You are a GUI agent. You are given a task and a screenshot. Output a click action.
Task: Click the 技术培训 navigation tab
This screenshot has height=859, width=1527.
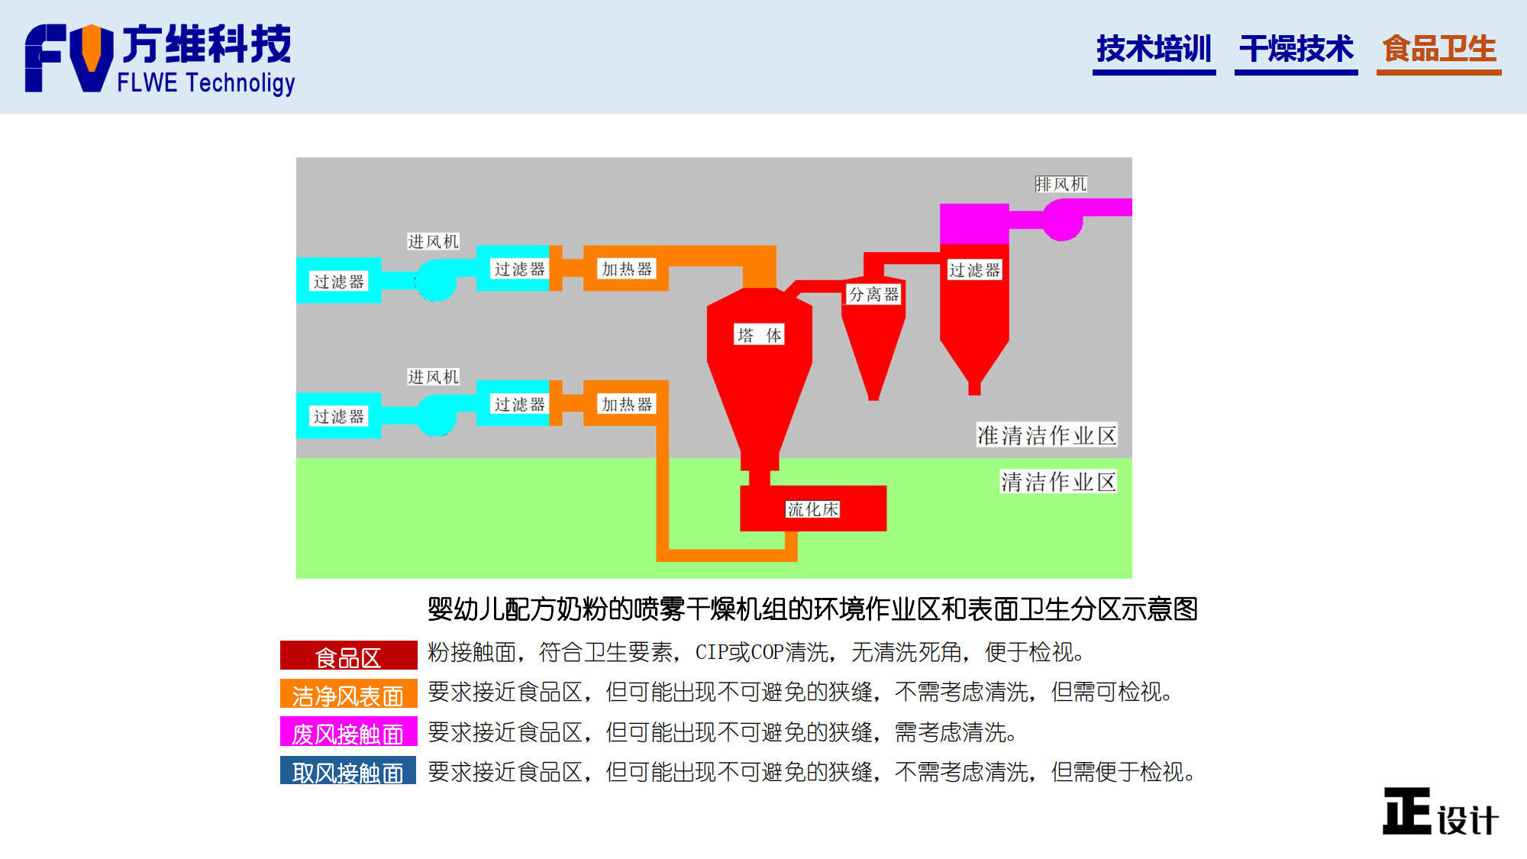(1154, 49)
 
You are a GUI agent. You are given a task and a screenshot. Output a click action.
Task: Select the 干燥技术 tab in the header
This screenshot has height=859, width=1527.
(1296, 49)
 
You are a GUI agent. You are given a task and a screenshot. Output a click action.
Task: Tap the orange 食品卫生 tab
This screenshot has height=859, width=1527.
(1438, 49)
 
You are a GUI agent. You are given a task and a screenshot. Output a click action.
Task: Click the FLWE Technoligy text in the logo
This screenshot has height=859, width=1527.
(206, 82)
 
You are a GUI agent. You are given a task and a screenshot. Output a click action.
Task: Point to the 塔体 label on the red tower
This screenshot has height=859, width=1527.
(759, 335)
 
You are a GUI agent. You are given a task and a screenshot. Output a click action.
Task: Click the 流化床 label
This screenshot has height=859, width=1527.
(813, 509)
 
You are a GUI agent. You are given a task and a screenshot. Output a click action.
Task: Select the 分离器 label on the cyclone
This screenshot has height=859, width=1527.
(873, 295)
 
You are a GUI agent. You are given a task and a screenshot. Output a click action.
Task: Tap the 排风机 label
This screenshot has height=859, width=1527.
(1061, 184)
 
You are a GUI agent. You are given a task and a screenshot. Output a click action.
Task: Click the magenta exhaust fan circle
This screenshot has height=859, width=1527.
(1063, 220)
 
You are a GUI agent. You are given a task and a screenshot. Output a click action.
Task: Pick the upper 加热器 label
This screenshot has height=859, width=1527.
(627, 269)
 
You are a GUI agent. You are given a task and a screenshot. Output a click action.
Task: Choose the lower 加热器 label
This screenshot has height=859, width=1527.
(627, 404)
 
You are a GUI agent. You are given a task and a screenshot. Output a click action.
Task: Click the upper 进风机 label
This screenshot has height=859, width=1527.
(433, 241)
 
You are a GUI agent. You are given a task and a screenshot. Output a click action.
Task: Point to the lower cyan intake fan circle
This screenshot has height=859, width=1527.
(436, 415)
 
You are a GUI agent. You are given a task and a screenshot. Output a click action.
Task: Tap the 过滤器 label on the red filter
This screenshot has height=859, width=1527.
(974, 270)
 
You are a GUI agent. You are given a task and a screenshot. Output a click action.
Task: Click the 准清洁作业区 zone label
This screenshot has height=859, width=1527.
(1047, 435)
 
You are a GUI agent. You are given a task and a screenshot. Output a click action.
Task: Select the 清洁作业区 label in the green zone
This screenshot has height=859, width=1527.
(1058, 482)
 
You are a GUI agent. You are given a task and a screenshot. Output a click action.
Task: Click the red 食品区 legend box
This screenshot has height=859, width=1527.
(348, 655)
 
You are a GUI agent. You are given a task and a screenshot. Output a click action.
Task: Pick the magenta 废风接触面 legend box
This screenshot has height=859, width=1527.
(348, 731)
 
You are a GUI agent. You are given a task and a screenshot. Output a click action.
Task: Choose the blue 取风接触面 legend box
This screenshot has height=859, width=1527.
(348, 770)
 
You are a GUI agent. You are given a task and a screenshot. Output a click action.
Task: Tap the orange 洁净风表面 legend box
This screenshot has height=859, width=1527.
(348, 693)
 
